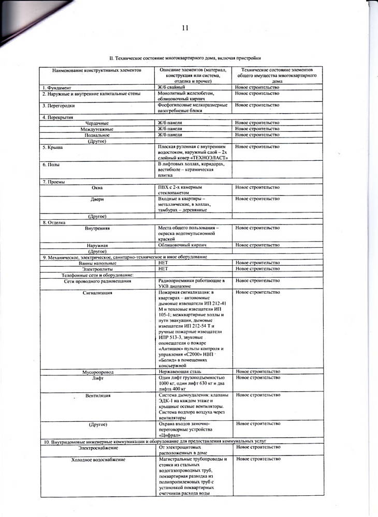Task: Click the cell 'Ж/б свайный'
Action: coord(171,87)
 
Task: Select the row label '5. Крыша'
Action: coord(53,147)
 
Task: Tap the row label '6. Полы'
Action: coord(52,164)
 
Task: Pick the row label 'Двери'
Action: coord(97,199)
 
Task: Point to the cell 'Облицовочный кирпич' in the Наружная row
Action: coord(182,245)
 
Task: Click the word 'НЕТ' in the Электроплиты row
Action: coord(163,269)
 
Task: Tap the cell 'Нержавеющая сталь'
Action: coord(180,372)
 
